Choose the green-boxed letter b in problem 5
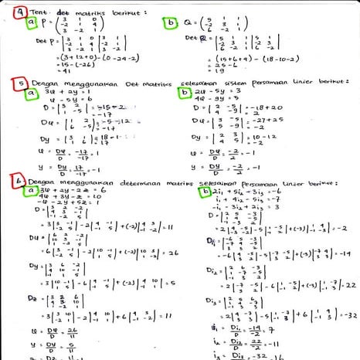pos(184,93)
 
